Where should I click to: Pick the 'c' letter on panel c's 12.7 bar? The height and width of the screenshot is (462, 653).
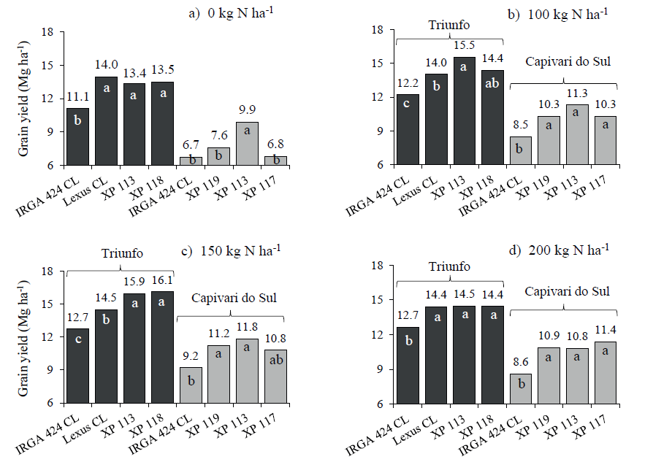click(x=78, y=341)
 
